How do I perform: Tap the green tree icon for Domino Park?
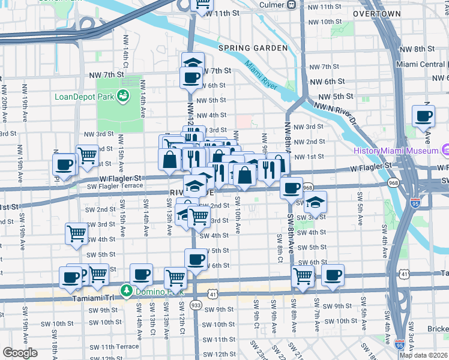[126, 291]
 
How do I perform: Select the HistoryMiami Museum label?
[396, 151]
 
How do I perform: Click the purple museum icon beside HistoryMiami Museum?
[445, 149]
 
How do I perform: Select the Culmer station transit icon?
[291, 5]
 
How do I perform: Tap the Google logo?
[20, 353]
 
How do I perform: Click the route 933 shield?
[196, 305]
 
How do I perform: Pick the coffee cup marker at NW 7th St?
[191, 77]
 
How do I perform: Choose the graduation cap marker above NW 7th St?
[193, 63]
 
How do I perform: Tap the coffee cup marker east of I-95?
[423, 115]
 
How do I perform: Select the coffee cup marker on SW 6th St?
[195, 260]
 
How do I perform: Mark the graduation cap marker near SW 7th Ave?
[315, 203]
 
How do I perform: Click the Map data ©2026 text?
[423, 355]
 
